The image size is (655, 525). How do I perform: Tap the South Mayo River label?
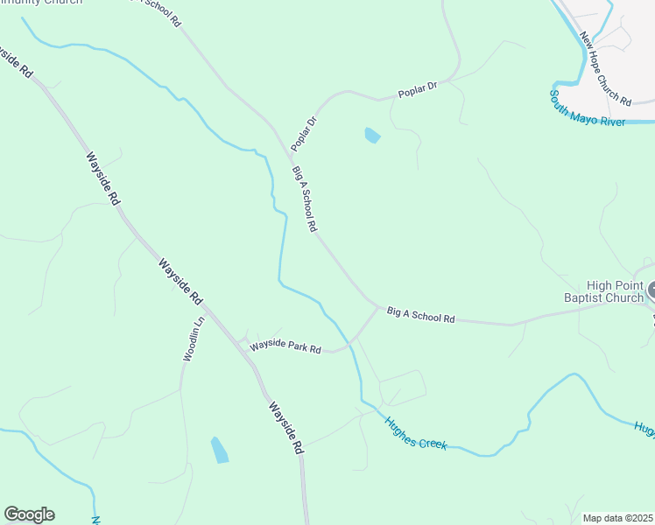pyautogui.click(x=588, y=108)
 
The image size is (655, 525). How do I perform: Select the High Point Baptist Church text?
pyautogui.click(x=603, y=291)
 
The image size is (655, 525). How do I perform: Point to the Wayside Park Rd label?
pyautogui.click(x=285, y=346)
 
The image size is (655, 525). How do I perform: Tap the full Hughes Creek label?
pyautogui.click(x=416, y=432)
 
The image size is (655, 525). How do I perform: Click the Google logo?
pyautogui.click(x=29, y=514)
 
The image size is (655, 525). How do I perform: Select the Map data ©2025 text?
pyautogui.click(x=618, y=518)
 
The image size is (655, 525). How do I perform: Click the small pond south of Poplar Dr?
pyautogui.click(x=372, y=136)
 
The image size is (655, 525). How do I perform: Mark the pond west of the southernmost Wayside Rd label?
pyautogui.click(x=219, y=450)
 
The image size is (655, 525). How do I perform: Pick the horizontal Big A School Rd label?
pyautogui.click(x=420, y=315)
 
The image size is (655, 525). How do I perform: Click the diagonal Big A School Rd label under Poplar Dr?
pyautogui.click(x=304, y=199)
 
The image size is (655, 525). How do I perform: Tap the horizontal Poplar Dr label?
pyautogui.click(x=417, y=90)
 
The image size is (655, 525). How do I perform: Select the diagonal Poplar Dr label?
pyautogui.click(x=303, y=132)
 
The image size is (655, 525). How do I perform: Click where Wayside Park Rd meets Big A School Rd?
pyautogui.click(x=380, y=307)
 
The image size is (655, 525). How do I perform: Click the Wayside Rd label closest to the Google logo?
pyautogui.click(x=285, y=427)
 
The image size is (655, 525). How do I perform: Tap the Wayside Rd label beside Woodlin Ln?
pyautogui.click(x=180, y=281)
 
